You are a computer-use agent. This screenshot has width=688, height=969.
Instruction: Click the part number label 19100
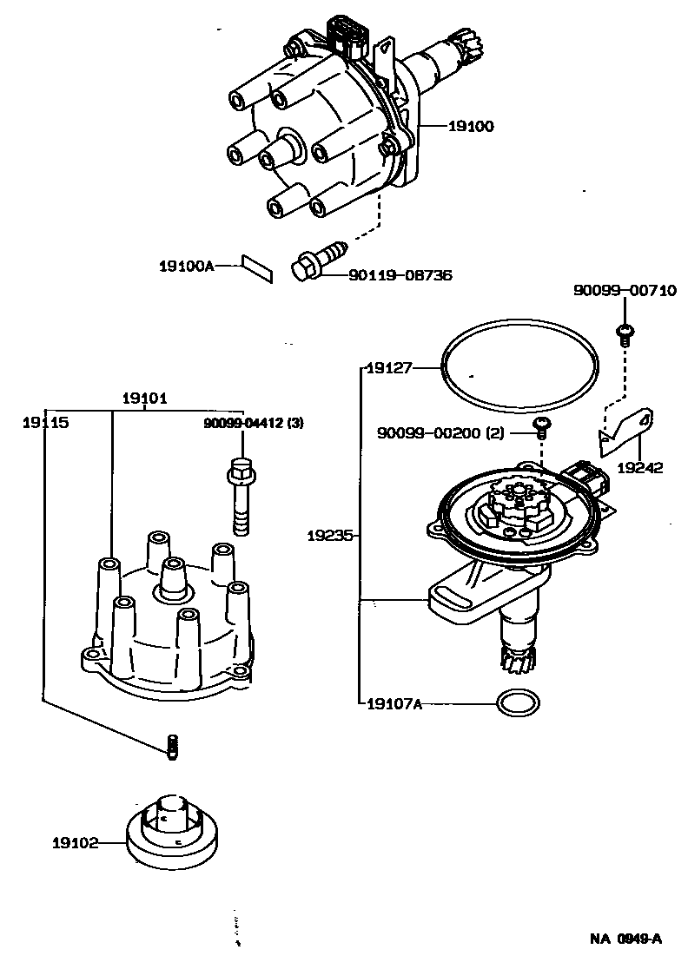pos(471,127)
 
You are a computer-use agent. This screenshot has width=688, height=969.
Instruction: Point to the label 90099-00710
pos(625,291)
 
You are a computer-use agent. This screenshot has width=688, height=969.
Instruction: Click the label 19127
pos(387,367)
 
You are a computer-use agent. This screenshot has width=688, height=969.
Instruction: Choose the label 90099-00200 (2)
pos(440,432)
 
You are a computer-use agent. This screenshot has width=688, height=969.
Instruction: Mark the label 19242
pos(640,468)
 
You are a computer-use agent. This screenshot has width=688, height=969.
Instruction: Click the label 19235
pos(329,536)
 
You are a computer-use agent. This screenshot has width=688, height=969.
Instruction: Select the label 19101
pos(144,399)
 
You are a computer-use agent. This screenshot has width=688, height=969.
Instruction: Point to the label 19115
pos(45,422)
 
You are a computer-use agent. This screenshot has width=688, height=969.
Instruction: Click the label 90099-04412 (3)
pos(254,424)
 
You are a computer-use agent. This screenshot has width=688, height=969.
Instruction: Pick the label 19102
pos(75,842)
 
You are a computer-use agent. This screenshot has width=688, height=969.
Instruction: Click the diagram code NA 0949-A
pos(626,938)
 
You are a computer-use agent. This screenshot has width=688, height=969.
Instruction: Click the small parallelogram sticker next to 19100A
pos(257,267)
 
